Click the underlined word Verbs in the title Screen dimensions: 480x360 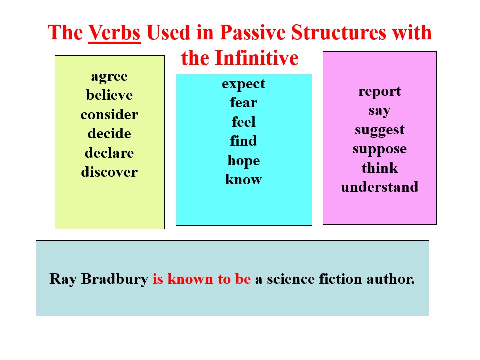pos(114,33)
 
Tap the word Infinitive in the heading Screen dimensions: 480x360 pos(257,58)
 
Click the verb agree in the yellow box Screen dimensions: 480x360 pos(109,77)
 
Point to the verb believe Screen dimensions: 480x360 pos(109,95)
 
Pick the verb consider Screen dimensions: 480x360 pos(109,115)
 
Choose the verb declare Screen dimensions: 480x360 pos(109,153)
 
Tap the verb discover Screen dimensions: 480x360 pos(109,172)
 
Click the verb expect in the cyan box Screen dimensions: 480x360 pos(244,84)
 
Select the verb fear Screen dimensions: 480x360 pos(244,103)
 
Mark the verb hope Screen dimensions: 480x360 pos(244,161)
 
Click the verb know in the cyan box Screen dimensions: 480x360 pos(244,179)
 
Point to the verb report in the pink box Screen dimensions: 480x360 pos(380,92)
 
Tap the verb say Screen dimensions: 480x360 pos(380,111)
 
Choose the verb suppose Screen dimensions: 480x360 pos(380,149)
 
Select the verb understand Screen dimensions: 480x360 pos(380,187)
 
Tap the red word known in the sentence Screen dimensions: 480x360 pos(190,279)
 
